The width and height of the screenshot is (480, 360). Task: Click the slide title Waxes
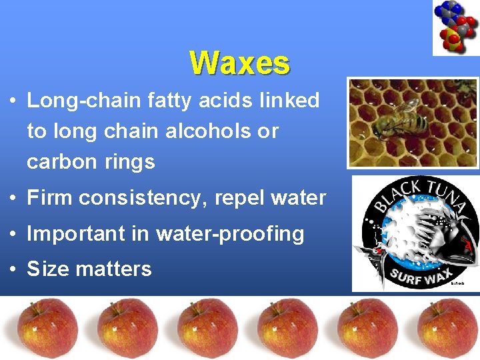239,63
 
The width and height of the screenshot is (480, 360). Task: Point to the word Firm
49,198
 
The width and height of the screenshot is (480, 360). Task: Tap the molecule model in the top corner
455,27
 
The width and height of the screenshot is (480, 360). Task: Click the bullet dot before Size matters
13,270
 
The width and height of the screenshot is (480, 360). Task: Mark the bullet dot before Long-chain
13,101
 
